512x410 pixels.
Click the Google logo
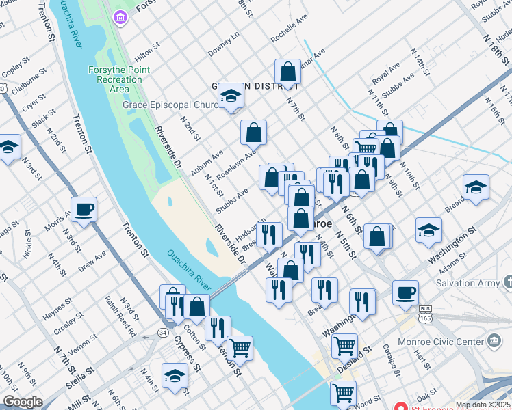tap(23, 402)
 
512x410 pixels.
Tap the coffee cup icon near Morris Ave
tap(84, 210)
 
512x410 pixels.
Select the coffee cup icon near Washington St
tap(405, 292)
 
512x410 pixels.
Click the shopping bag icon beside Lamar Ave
tap(288, 71)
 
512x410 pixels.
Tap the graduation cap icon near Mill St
tap(175, 375)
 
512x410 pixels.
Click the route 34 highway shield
tap(162, 332)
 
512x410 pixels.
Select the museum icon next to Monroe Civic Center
tap(494, 341)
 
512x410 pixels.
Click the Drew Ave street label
tap(92, 261)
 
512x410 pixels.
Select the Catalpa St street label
tap(391, 360)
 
